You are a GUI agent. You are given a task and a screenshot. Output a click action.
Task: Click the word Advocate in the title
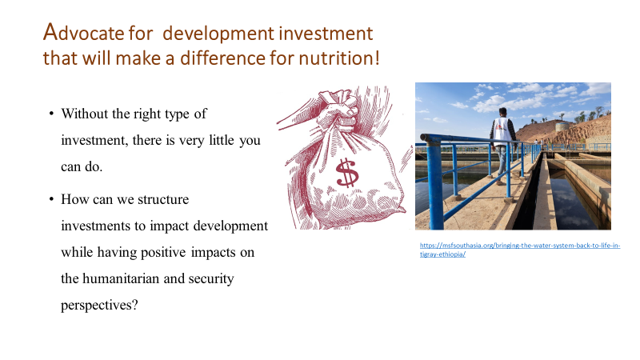(x=78, y=34)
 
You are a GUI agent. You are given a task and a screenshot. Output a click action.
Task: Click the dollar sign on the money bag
(x=347, y=171)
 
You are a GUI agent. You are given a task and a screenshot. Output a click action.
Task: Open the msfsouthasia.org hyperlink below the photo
(x=519, y=249)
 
